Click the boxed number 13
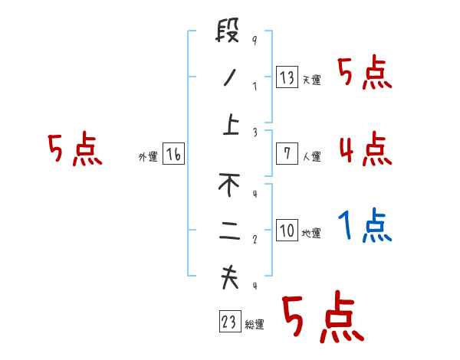coord(287,77)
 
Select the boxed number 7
coord(287,154)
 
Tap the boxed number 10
coord(287,231)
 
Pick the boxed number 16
coord(174,154)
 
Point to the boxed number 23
coord(229,322)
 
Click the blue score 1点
coord(366,226)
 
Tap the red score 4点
coord(366,148)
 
